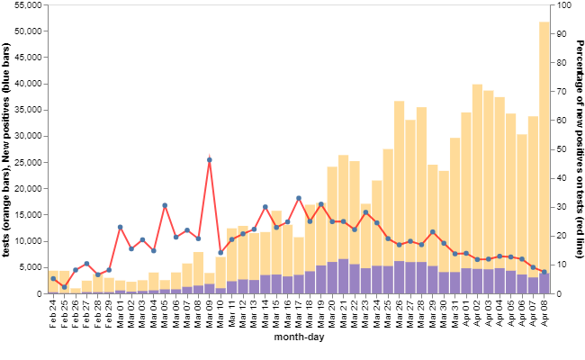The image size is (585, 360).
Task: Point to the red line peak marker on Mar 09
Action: (210, 160)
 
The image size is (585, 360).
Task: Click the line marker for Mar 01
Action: (121, 228)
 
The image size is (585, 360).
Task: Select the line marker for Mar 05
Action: (165, 206)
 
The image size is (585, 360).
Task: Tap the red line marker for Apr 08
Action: (544, 272)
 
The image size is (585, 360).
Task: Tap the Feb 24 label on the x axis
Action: (54, 315)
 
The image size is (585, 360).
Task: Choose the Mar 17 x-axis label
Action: (299, 315)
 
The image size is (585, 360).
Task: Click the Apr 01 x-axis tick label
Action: (466, 315)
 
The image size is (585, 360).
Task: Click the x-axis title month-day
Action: (299, 338)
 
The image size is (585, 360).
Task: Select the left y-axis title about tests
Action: (6, 149)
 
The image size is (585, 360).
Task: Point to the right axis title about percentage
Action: (580, 149)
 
